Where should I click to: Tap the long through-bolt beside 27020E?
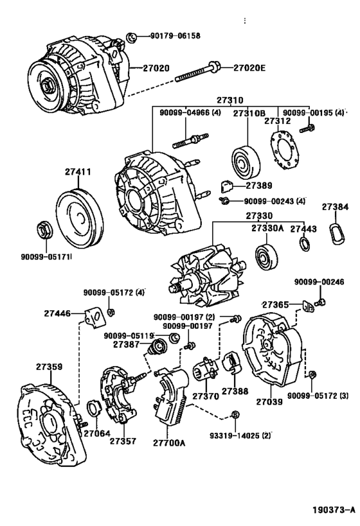point(197,73)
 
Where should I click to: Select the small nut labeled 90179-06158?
point(132,37)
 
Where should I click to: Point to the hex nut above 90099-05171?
point(43,230)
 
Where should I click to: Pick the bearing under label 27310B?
point(246,163)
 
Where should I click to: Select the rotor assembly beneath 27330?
point(208,275)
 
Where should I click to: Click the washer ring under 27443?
point(304,244)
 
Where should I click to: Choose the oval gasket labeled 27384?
point(336,232)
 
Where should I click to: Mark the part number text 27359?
point(50,367)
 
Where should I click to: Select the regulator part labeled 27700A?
point(170,397)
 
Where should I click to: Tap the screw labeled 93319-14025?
point(235,415)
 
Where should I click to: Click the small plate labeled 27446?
point(95,318)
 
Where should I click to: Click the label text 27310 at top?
point(230,100)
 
